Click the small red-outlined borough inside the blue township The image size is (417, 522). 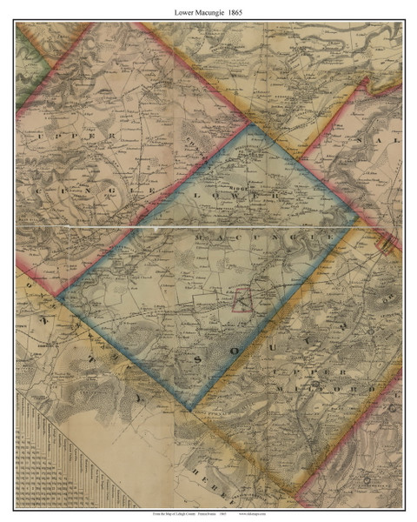[242, 301]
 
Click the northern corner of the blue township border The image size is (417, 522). [251, 124]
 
